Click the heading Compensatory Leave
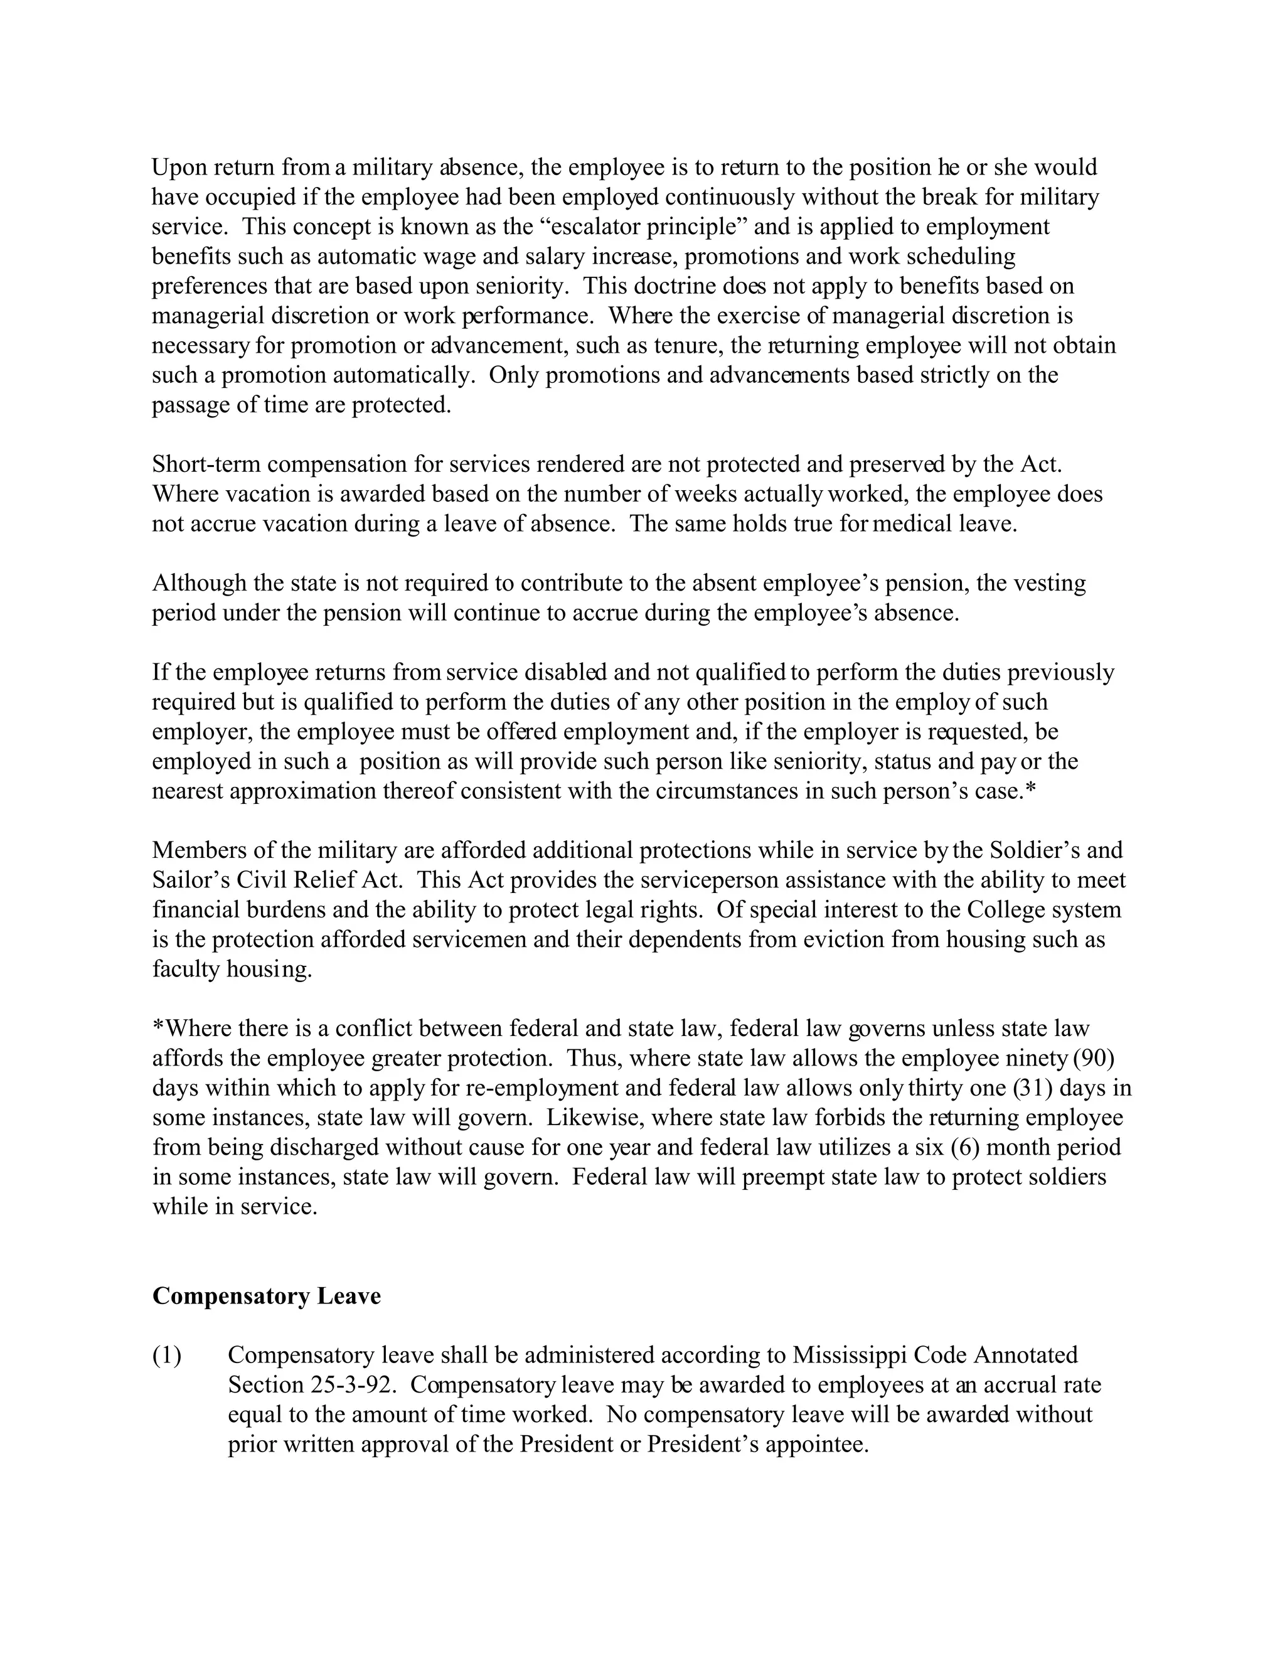pos(267,1296)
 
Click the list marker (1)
pos(167,1356)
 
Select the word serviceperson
pos(705,880)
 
